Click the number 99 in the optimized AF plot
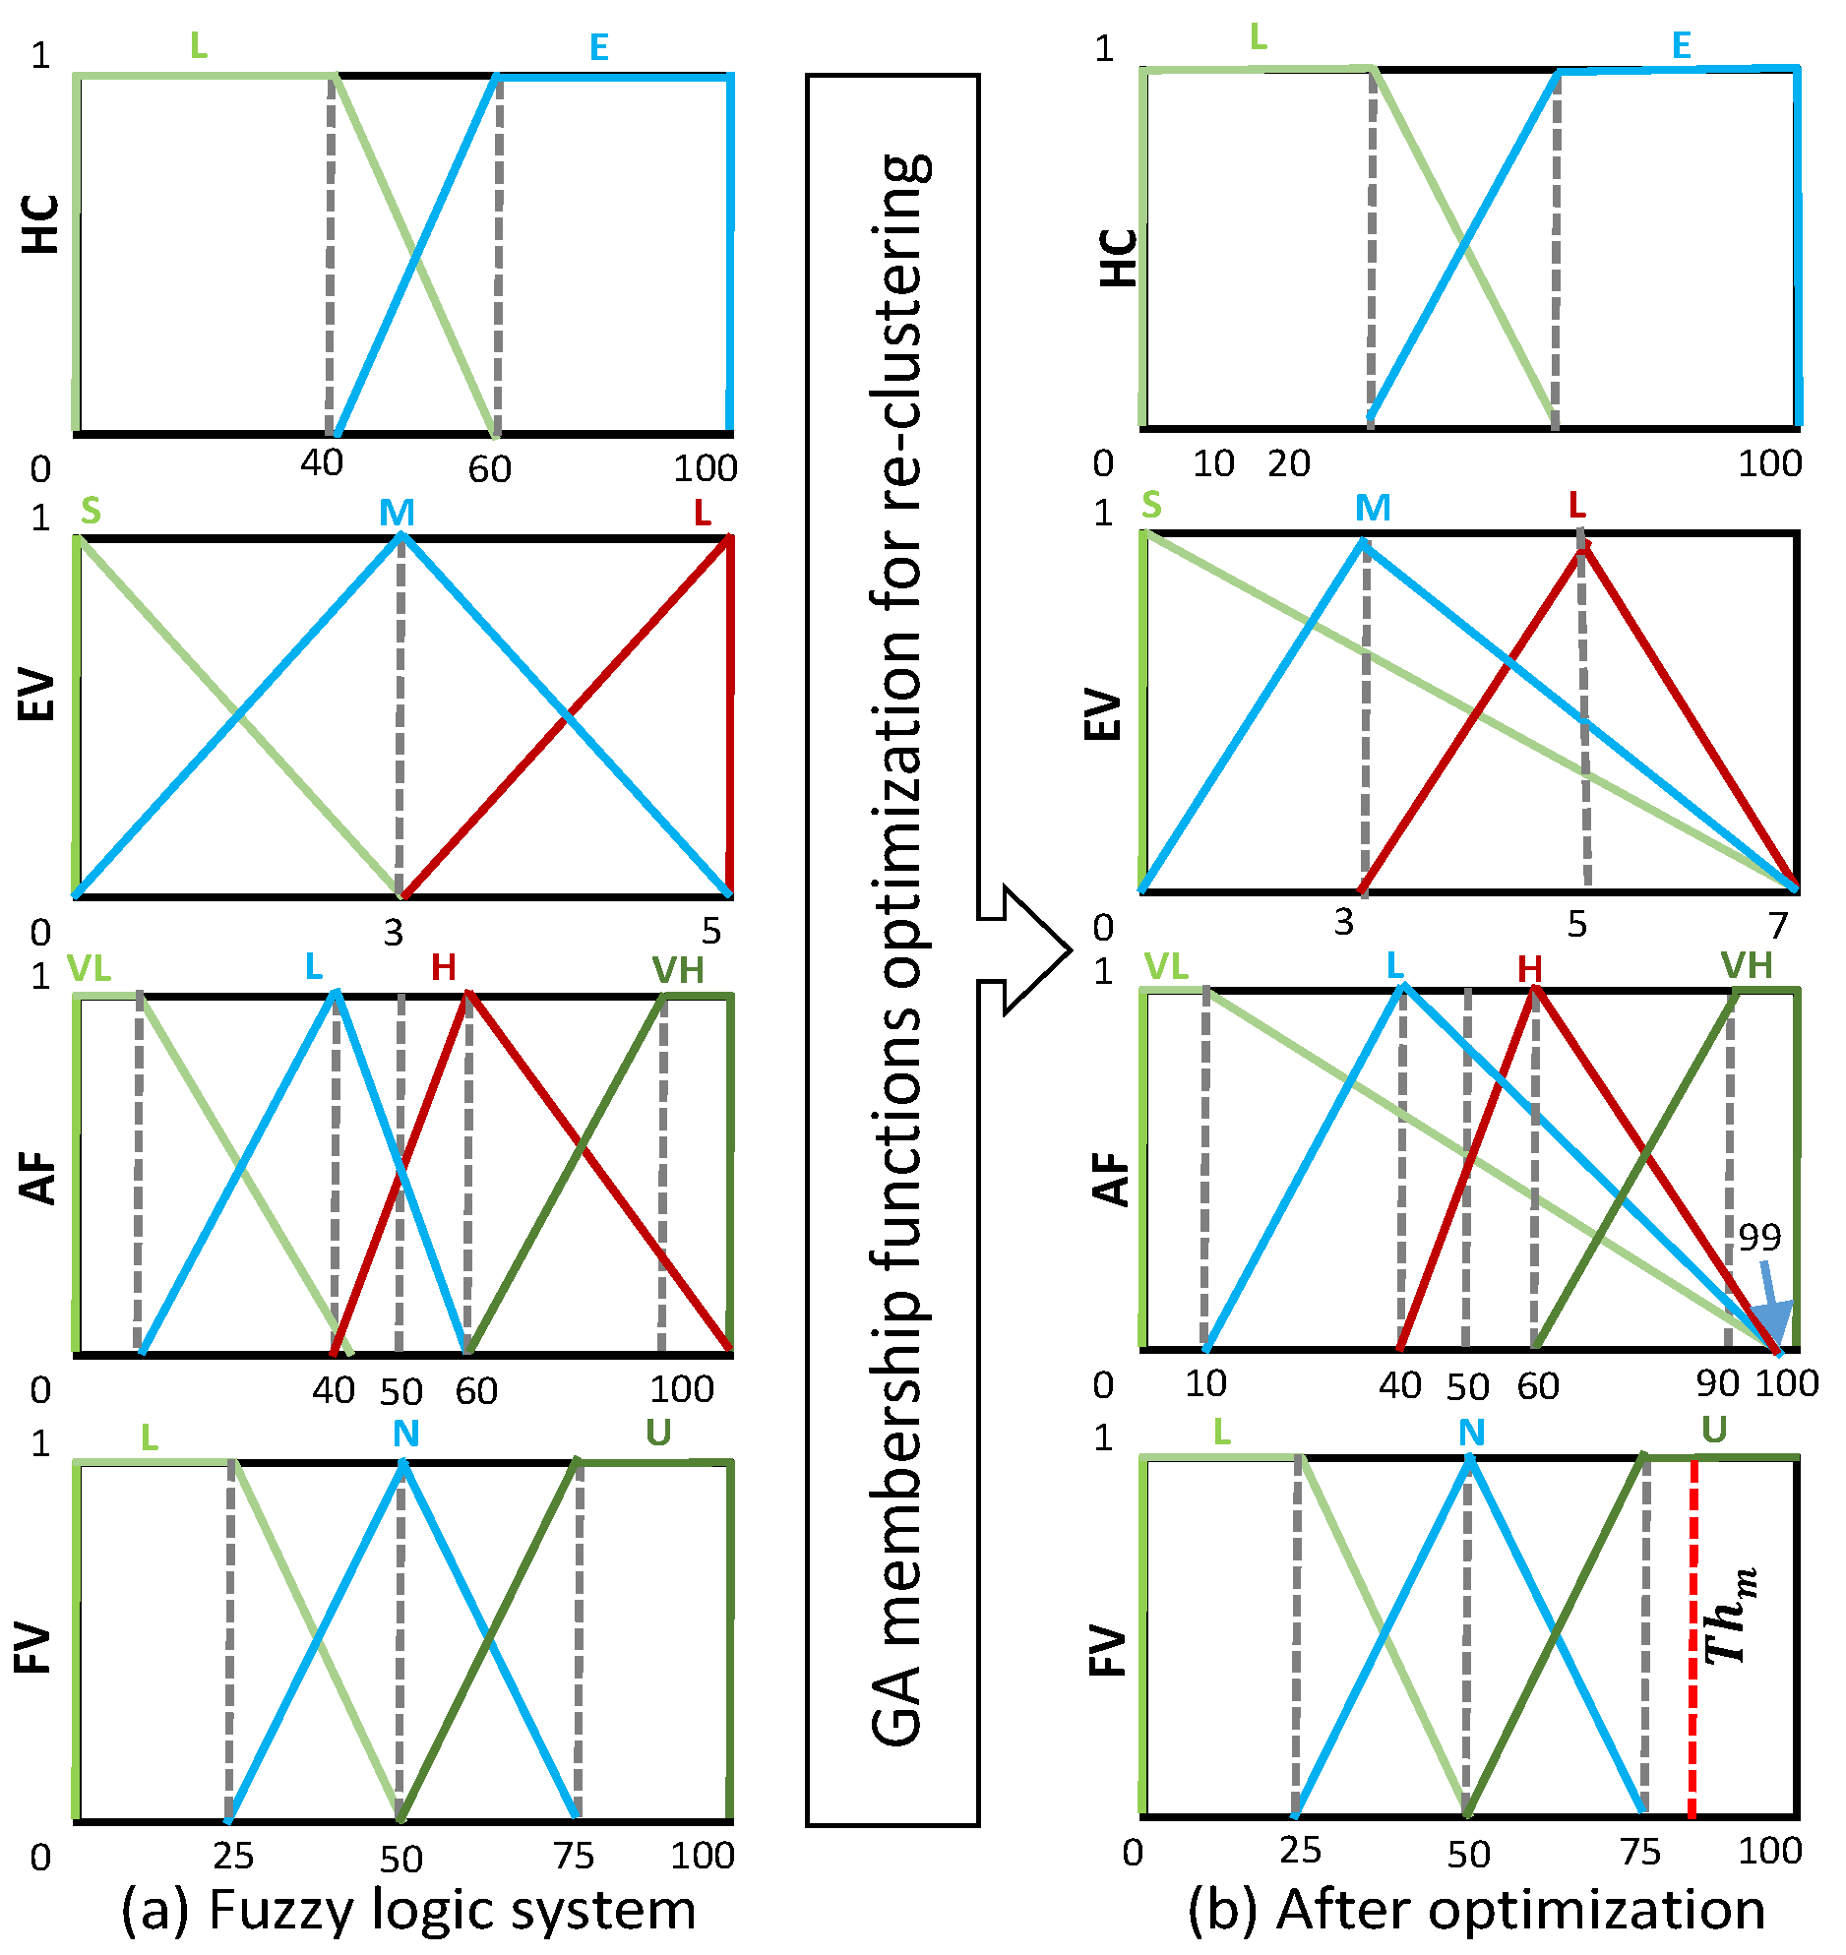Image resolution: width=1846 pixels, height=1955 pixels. coord(1759,1237)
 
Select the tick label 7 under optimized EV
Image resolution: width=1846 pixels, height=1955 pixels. coord(1777,926)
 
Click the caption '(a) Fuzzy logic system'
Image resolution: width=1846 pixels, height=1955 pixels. coord(408,1910)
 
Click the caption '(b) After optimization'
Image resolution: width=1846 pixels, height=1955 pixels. coord(1476,1910)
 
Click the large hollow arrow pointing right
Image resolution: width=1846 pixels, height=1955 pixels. coord(1023,949)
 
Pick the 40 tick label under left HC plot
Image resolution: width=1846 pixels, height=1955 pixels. coord(322,462)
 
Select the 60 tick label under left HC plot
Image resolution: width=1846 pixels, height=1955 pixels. coord(489,469)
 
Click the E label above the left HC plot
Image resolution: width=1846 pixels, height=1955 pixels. coord(598,47)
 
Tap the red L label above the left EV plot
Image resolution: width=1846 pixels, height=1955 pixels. coord(702,513)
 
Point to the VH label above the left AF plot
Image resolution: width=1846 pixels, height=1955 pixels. coord(678,971)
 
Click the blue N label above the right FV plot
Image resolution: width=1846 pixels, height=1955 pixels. coord(1471,1434)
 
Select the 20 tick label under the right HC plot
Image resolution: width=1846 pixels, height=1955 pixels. coord(1289,463)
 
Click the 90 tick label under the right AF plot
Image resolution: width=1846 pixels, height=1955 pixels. coord(1717,1383)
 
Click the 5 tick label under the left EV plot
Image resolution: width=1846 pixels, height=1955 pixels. coord(710,931)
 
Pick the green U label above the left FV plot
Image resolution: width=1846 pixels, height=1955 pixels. coord(658,1434)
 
